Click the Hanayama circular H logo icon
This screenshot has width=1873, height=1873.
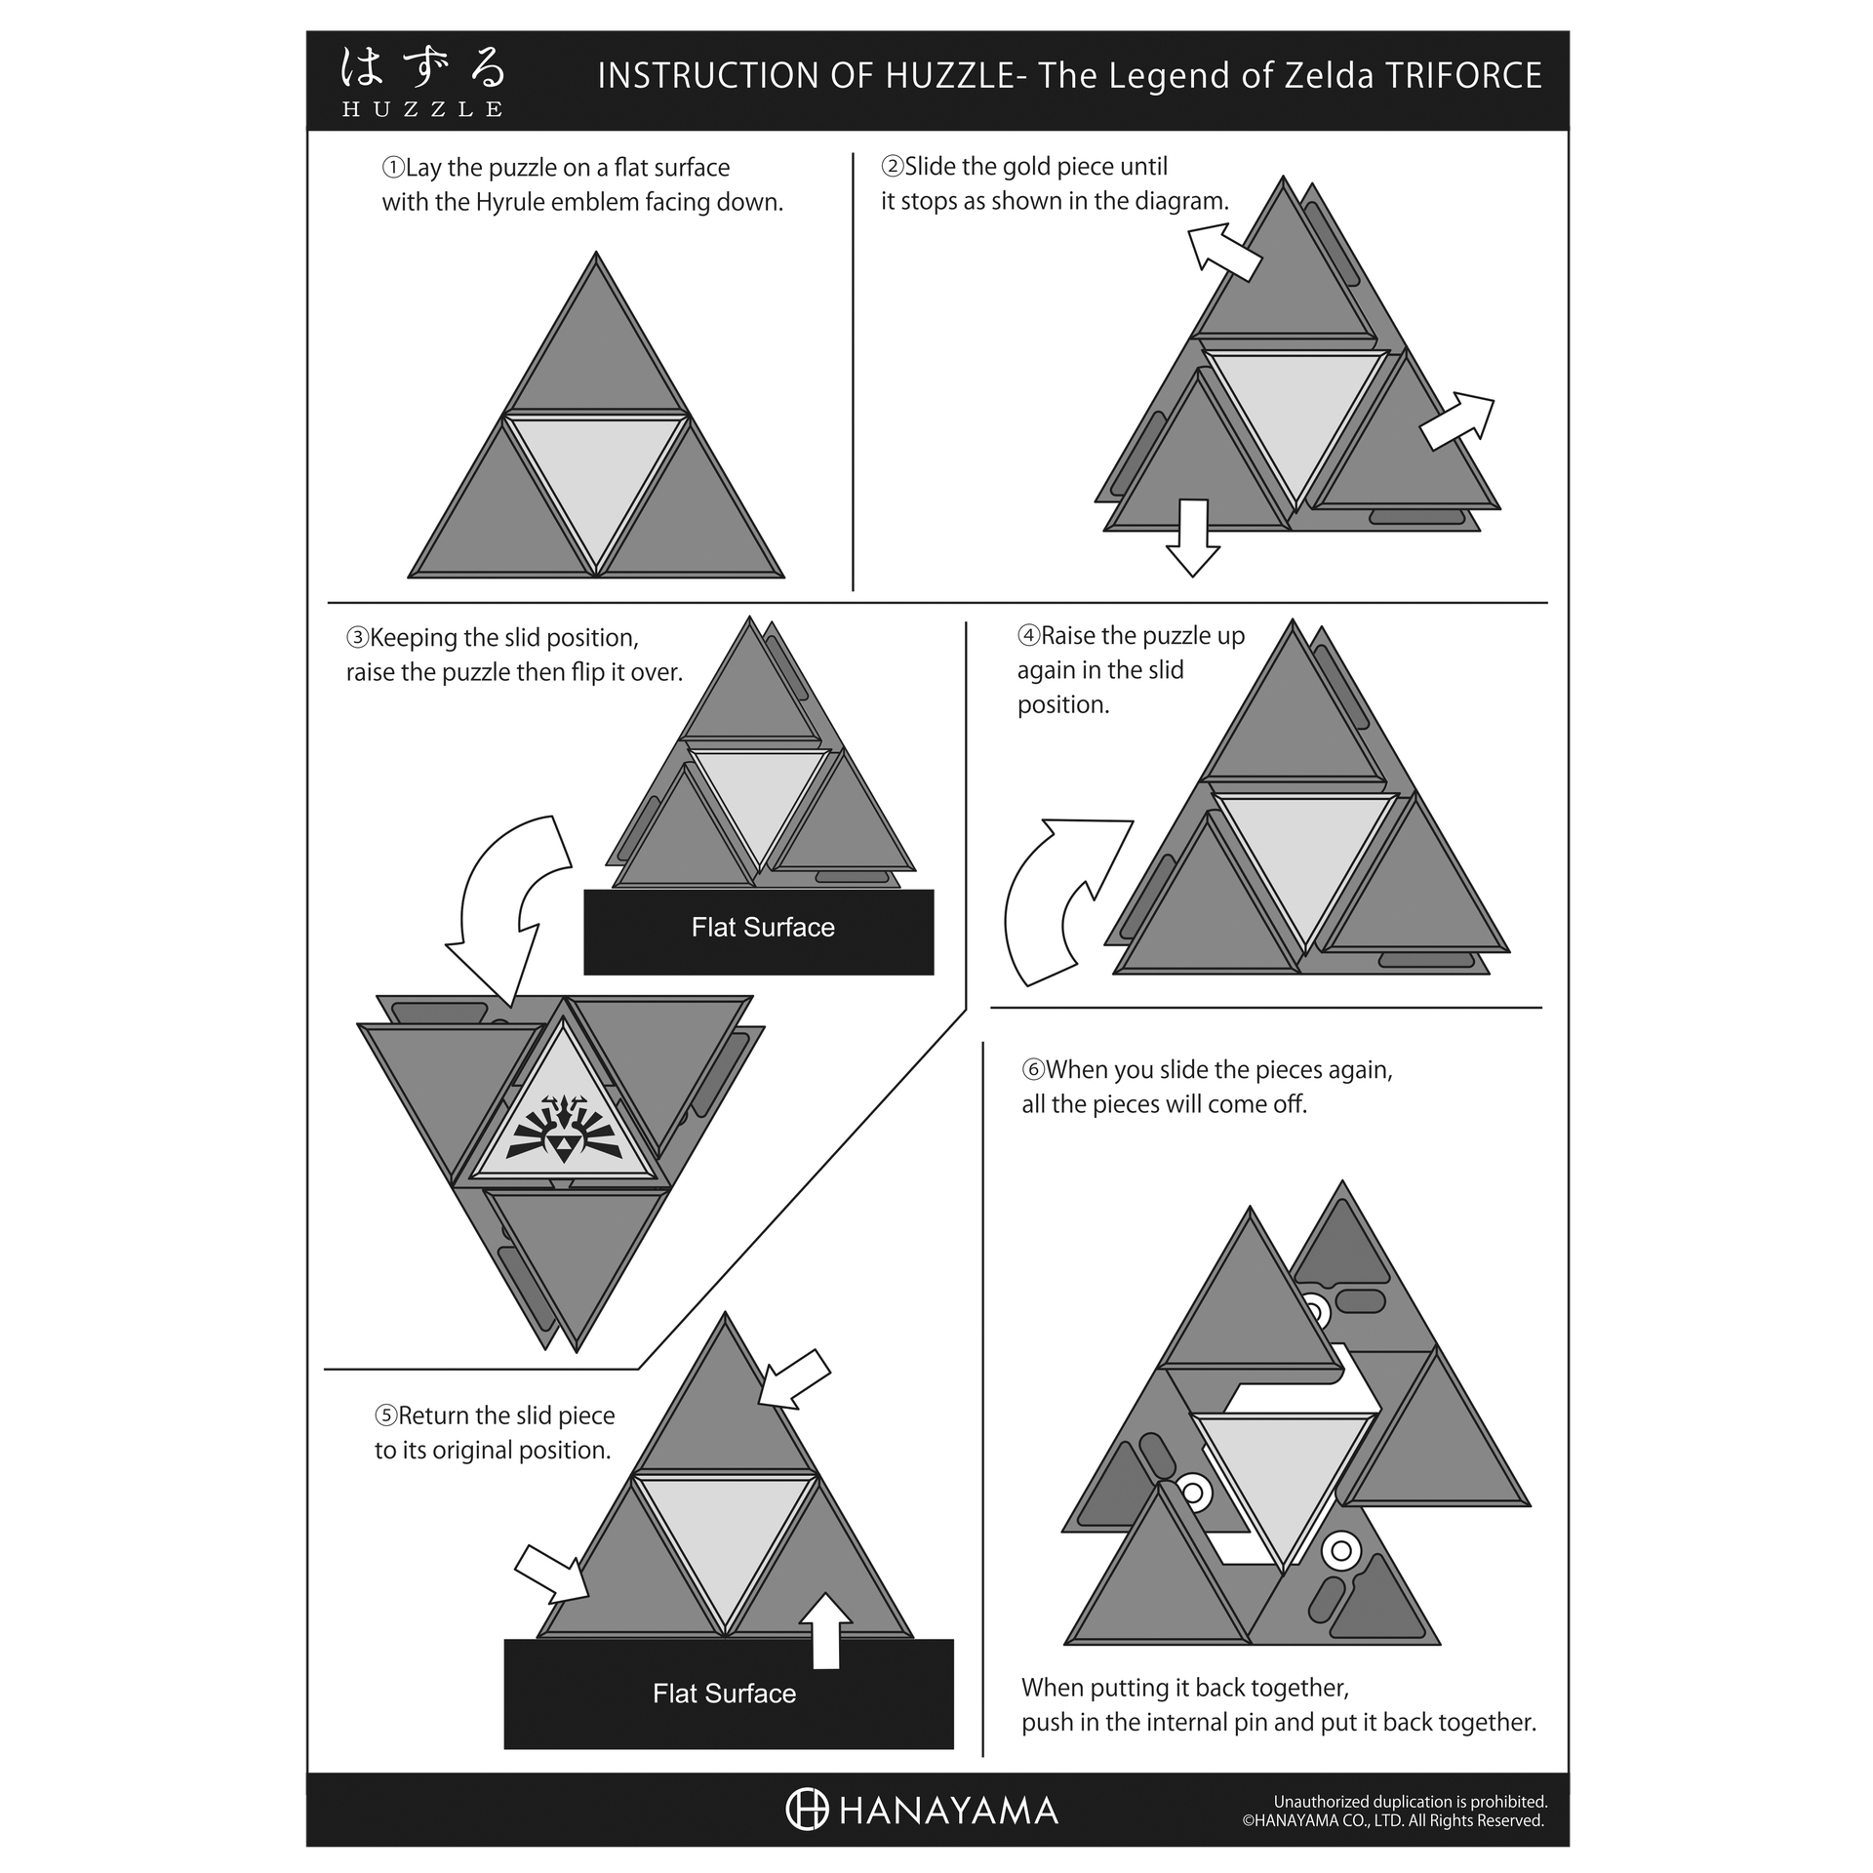pos(807,1810)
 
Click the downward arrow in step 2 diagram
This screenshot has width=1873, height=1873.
pos(1193,538)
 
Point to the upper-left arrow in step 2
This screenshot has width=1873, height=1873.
pos(1223,250)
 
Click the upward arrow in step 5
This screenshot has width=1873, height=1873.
pos(825,1630)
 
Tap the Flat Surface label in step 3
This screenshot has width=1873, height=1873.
pos(763,927)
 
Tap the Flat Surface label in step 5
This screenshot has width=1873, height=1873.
pos(724,1694)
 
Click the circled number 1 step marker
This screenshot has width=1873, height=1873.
pos(392,168)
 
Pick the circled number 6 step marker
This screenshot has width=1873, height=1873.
pos(1033,1069)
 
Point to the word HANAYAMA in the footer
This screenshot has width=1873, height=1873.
pos(948,1812)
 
